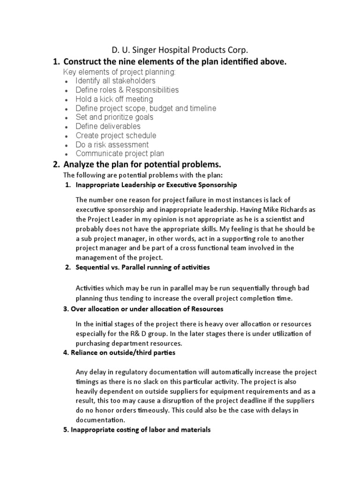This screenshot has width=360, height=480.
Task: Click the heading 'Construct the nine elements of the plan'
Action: [174, 62]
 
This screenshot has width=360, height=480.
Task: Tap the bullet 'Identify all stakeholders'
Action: [115, 81]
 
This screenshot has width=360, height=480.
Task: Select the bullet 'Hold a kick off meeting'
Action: [114, 99]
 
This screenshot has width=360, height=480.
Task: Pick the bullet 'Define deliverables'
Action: [108, 127]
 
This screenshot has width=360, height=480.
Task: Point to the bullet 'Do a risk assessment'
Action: [112, 145]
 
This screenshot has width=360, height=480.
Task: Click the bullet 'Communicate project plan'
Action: [120, 154]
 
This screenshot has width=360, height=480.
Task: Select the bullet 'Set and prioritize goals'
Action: [114, 117]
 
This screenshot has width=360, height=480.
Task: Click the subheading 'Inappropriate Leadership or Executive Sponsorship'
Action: [157, 185]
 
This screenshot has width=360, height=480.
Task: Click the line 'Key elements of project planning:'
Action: [120, 72]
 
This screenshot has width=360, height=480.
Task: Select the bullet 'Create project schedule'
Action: [116, 136]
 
